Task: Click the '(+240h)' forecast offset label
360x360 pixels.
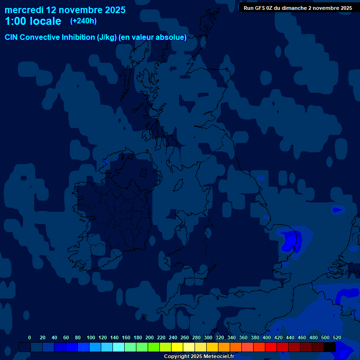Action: point(83,21)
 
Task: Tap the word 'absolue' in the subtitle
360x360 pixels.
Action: point(172,37)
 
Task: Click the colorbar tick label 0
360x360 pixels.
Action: point(30,337)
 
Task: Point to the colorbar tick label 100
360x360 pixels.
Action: point(91,337)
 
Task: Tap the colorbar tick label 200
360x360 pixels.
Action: point(150,337)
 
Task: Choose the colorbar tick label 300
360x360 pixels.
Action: point(208,337)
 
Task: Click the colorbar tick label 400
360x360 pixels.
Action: point(267,337)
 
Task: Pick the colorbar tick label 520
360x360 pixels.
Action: point(337,337)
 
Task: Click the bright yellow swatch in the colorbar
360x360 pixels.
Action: point(177,347)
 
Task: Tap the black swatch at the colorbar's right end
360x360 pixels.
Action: point(330,347)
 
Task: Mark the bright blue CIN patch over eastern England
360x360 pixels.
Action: point(291,240)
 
